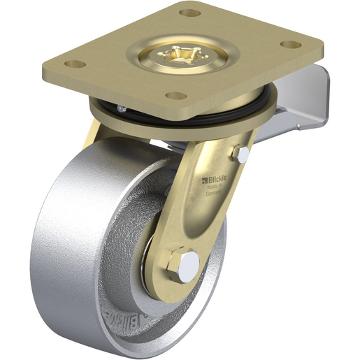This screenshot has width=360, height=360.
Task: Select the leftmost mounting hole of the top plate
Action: coord(78,64)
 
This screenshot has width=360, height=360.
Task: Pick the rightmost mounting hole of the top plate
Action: coord(287,45)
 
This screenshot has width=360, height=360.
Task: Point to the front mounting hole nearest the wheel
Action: coord(177,95)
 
